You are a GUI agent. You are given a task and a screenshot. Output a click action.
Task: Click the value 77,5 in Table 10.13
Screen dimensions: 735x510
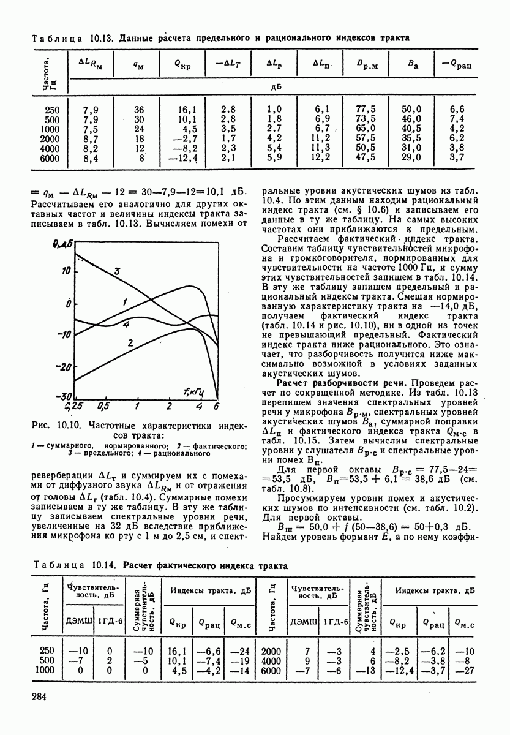click(x=365, y=110)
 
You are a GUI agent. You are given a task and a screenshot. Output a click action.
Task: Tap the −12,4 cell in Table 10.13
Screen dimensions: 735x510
click(x=184, y=158)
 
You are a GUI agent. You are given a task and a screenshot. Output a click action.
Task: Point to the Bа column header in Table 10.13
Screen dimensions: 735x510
click(x=412, y=64)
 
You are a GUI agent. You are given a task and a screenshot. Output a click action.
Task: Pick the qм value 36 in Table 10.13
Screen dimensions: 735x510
click(x=139, y=110)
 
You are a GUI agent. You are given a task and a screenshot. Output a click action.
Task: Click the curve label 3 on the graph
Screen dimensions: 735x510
click(x=116, y=271)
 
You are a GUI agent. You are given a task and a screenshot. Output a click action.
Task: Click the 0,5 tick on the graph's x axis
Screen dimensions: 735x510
click(x=103, y=405)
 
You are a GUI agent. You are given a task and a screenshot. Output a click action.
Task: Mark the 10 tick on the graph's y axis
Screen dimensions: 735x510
click(x=67, y=269)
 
